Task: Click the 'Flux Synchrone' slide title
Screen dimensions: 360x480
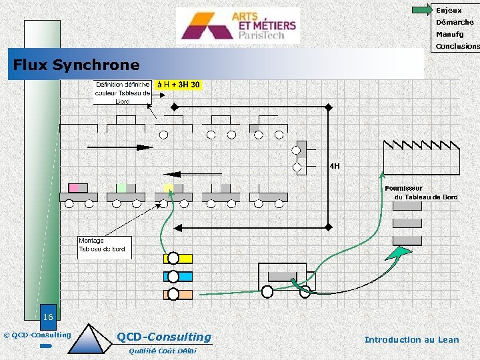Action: pyautogui.click(x=77, y=65)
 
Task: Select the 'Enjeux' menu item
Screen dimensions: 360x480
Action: pyautogui.click(x=448, y=10)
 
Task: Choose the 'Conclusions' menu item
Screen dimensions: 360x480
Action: pyautogui.click(x=457, y=47)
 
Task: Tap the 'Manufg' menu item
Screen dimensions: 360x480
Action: pyautogui.click(x=449, y=34)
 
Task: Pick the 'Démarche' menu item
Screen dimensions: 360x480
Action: pyautogui.click(x=455, y=22)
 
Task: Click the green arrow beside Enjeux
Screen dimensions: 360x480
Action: pyautogui.click(x=422, y=10)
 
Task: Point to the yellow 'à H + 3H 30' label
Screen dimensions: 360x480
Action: pyautogui.click(x=178, y=85)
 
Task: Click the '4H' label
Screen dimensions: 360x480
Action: pyautogui.click(x=335, y=166)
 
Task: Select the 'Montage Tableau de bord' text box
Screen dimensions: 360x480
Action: pyautogui.click(x=105, y=245)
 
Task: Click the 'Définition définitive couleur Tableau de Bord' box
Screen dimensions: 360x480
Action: pyautogui.click(x=123, y=93)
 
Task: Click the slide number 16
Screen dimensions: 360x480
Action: pyautogui.click(x=48, y=317)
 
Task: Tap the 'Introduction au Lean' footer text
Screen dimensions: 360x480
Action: pyautogui.click(x=411, y=339)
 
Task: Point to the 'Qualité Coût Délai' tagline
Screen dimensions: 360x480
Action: pyautogui.click(x=162, y=351)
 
